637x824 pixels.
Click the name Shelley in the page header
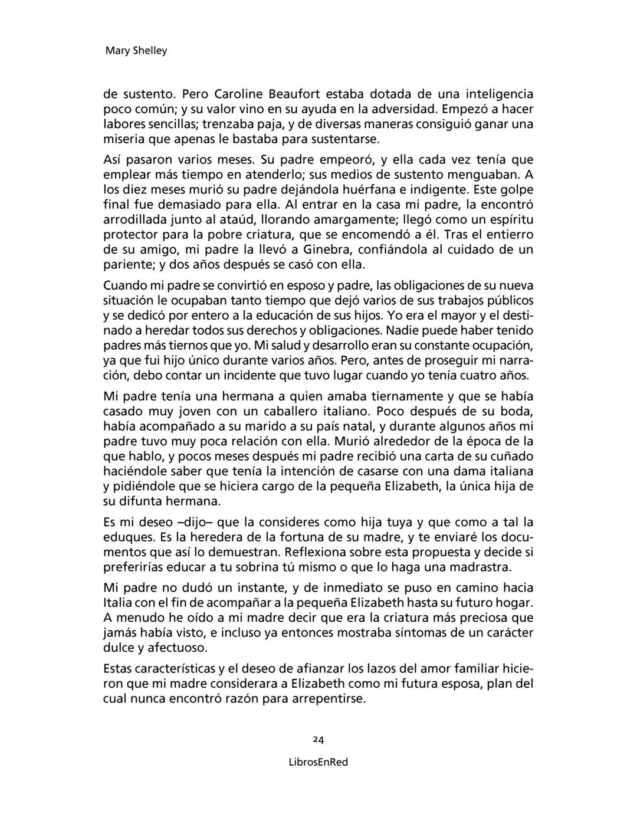pos(150,51)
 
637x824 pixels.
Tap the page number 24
pos(318,740)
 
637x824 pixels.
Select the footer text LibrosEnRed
pos(318,762)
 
